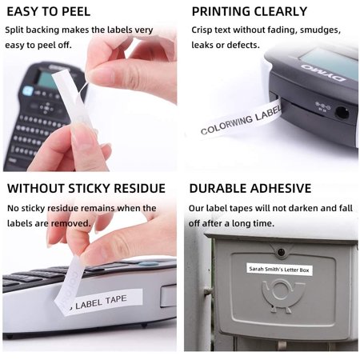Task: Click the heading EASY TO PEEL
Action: pyautogui.click(x=48, y=12)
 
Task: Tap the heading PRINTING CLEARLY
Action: pyautogui.click(x=249, y=12)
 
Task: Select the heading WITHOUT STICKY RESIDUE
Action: pyautogui.click(x=86, y=189)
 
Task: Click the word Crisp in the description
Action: pyautogui.click(x=204, y=30)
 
